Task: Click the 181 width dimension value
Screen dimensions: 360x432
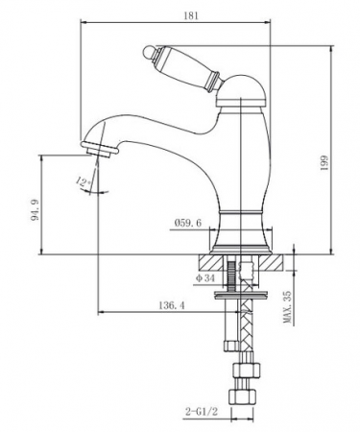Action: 191,15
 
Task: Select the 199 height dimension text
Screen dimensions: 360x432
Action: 324,162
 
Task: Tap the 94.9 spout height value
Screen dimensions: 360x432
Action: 35,209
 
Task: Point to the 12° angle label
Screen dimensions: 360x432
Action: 84,182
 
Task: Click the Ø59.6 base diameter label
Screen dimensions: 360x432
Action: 188,223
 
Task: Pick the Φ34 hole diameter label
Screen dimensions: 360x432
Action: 205,278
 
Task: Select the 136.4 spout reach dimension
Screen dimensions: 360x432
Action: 172,305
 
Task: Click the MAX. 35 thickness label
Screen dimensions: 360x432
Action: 288,307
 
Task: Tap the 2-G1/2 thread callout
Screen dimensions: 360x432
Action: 201,411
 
